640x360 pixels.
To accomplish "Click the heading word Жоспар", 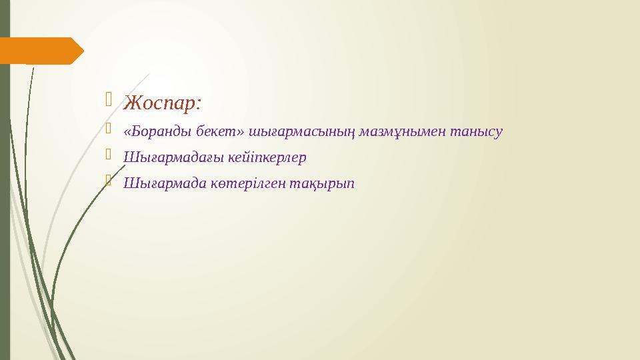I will click(x=160, y=104).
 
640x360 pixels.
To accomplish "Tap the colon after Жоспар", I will click(x=199, y=105).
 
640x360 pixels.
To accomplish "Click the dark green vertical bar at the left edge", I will click(x=5, y=200).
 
